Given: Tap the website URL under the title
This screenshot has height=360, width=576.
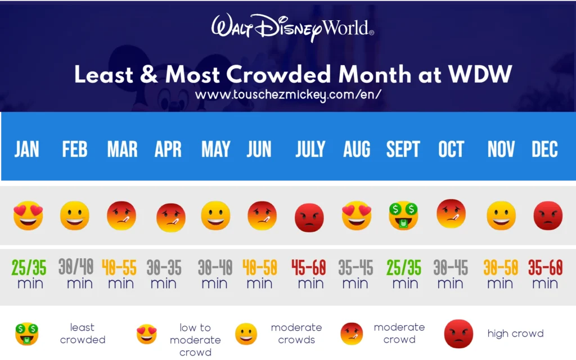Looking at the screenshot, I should pyautogui.click(x=288, y=94).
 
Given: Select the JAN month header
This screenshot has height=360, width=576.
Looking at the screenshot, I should pyautogui.click(x=27, y=150).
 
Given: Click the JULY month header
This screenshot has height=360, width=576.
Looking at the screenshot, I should pyautogui.click(x=310, y=150).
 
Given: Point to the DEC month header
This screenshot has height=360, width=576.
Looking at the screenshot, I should pyautogui.click(x=544, y=150).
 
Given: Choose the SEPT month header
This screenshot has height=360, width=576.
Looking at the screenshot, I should pyautogui.click(x=403, y=150).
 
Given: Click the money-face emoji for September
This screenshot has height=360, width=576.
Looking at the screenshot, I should pyautogui.click(x=404, y=216).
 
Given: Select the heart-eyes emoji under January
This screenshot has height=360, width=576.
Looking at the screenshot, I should pyautogui.click(x=28, y=216).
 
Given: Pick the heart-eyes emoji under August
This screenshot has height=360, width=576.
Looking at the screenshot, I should pyautogui.click(x=357, y=216).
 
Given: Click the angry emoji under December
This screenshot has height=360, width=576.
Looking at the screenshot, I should pyautogui.click(x=544, y=216).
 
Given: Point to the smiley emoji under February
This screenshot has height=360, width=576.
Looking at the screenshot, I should pyautogui.click(x=75, y=216).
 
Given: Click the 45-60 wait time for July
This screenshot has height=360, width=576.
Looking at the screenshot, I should pyautogui.click(x=309, y=268).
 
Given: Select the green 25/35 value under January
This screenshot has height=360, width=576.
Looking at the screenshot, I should pyautogui.click(x=29, y=268).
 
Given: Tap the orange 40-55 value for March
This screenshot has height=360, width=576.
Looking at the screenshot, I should pyautogui.click(x=119, y=268).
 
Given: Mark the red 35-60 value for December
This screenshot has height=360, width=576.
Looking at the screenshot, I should pyautogui.click(x=545, y=268).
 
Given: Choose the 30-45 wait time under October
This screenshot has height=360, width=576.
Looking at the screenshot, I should pyautogui.click(x=451, y=268).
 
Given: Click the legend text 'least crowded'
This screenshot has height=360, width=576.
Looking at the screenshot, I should pyautogui.click(x=83, y=334).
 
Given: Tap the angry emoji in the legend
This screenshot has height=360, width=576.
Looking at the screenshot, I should pyautogui.click(x=458, y=334).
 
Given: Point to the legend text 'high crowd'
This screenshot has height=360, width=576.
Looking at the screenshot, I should pyautogui.click(x=515, y=334).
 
